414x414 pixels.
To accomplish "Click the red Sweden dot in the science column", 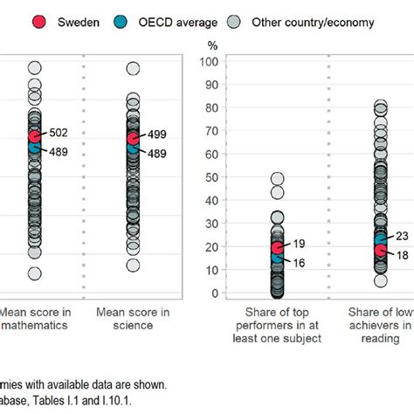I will coord(133,139).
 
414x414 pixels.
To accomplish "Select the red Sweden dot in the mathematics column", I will coord(34,136).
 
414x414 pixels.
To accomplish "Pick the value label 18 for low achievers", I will coord(403,254).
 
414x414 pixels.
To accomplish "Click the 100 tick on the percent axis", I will coord(208,61).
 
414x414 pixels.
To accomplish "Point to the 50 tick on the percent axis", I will coord(210,176).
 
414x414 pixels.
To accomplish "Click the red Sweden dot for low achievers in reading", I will coord(381,251).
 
